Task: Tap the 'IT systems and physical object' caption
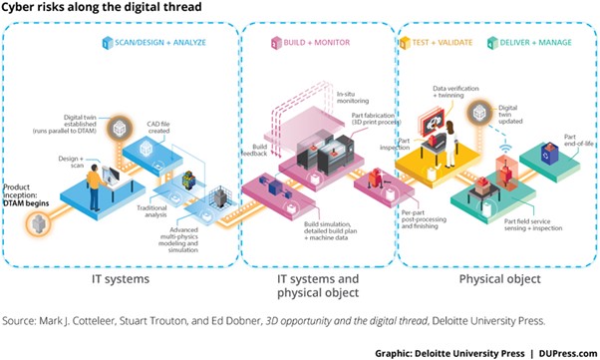click(x=320, y=287)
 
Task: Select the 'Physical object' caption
click(x=499, y=279)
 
